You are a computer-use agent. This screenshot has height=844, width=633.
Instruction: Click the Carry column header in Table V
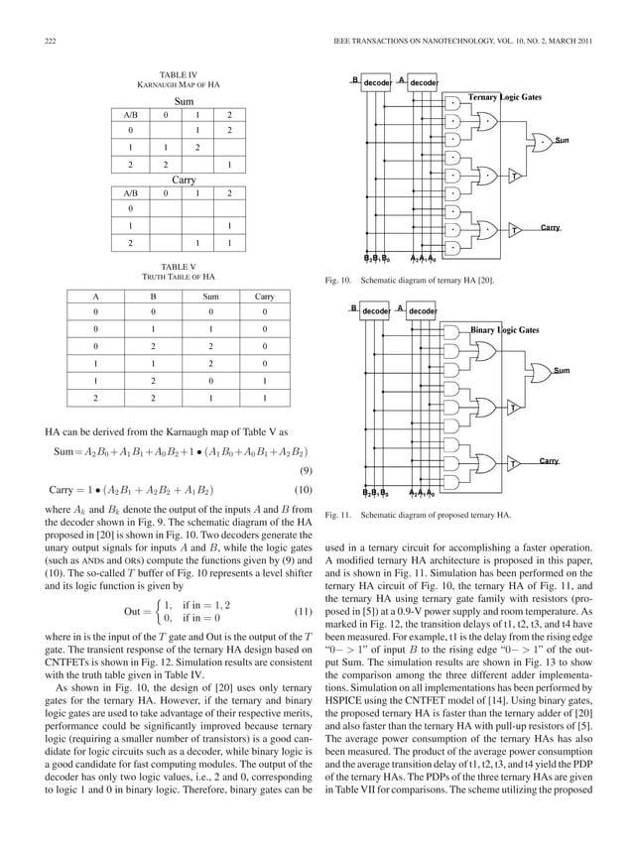[x=265, y=296]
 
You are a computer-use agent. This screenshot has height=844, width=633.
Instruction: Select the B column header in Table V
[x=153, y=296]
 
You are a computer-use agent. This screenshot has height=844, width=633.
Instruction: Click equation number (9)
[x=307, y=471]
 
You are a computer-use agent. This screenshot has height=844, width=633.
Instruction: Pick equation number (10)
[x=307, y=489]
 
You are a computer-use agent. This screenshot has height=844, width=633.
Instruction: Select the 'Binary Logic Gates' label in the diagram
[x=504, y=328]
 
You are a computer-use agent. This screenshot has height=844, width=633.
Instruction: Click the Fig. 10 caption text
[x=410, y=282]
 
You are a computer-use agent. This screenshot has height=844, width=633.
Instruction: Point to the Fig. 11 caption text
[x=418, y=516]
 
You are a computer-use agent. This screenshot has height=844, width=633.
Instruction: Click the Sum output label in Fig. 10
[x=563, y=139]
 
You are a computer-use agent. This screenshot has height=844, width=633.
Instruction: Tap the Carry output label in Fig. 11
[x=549, y=461]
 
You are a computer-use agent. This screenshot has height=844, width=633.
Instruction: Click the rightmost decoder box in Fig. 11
[x=424, y=311]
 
